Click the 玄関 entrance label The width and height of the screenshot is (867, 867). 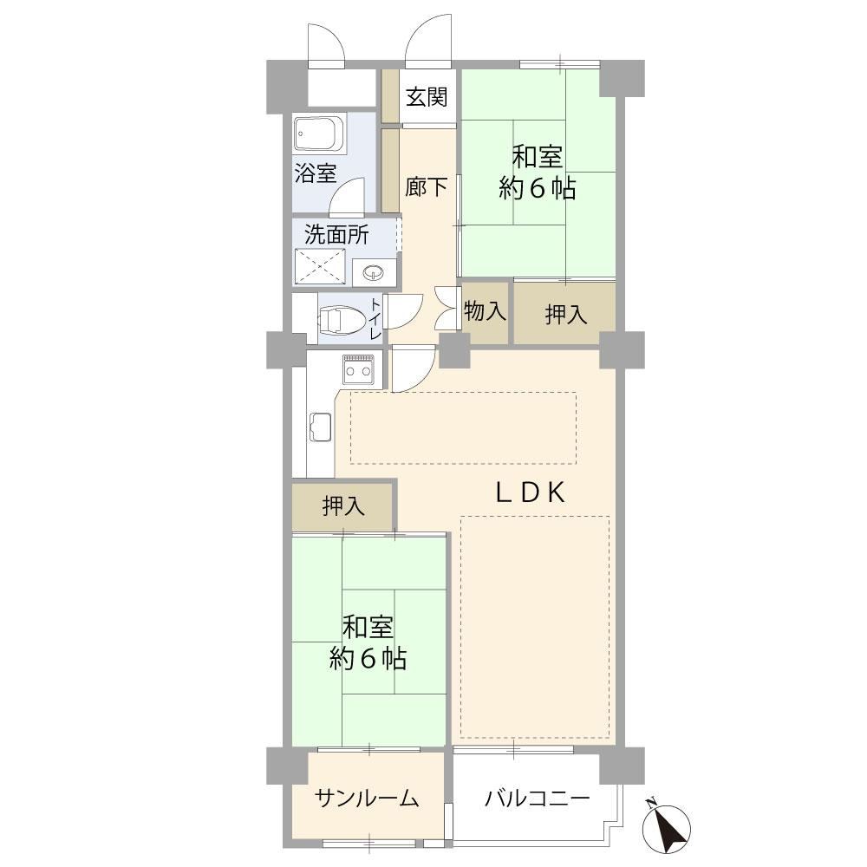427,97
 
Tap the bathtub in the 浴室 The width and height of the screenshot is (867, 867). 320,134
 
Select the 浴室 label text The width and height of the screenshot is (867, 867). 316,173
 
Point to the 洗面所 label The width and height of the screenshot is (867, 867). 336,236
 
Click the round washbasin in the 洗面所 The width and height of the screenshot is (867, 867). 374,271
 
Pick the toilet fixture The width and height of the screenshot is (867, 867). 342,320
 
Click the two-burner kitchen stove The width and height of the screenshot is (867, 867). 358,369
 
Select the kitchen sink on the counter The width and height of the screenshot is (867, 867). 321,427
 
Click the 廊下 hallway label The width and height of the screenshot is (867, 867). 427,187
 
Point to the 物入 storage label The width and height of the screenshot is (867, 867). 485,310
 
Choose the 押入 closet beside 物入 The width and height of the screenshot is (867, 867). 565,314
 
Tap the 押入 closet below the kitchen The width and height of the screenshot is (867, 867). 342,505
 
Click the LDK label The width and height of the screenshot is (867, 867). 531,492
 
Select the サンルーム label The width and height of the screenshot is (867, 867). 367,798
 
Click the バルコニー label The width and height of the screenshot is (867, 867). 538,798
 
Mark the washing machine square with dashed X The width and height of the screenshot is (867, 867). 320,266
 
